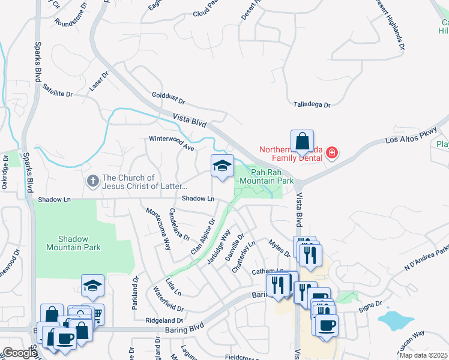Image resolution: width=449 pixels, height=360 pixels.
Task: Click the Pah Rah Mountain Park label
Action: (x=268, y=176)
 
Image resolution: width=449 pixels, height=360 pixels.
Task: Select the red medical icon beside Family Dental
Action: (x=332, y=154)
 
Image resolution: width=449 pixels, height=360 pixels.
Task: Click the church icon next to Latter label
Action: (x=92, y=180)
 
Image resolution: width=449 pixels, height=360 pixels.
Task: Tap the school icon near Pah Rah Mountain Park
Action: (x=222, y=166)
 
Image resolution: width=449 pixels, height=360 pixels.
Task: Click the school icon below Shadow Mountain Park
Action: (x=93, y=286)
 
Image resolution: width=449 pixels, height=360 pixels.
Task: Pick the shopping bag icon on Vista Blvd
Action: (x=303, y=142)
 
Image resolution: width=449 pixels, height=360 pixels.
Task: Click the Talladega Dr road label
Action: (x=312, y=104)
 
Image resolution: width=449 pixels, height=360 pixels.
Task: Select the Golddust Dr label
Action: (x=169, y=98)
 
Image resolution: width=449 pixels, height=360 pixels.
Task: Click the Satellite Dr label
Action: (x=57, y=91)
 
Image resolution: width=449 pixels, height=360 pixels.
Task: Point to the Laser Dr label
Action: (x=98, y=82)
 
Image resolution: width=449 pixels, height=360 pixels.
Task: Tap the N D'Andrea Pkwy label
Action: (x=427, y=257)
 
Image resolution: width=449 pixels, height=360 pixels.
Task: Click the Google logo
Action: (x=19, y=353)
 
